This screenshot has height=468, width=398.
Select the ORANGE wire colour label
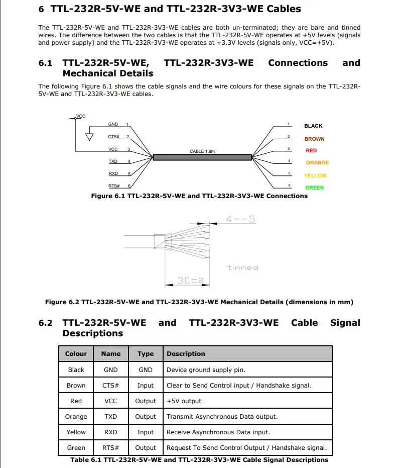317,163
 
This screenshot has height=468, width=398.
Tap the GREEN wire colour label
315,188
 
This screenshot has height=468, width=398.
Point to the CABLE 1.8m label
202,151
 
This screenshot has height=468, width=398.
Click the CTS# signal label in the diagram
114,137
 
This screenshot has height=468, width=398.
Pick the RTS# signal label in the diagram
114,186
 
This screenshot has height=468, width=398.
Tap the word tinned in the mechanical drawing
242,268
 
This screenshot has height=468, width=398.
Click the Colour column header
76,354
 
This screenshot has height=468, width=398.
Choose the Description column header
186,354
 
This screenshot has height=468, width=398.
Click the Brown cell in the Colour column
76,386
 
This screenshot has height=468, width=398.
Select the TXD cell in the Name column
111,417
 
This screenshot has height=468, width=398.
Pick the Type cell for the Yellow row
146,432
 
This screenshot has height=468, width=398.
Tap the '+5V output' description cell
184,401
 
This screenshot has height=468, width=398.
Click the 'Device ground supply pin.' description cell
206,370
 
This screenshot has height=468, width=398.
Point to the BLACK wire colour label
313,126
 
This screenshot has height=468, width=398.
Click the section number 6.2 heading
45,323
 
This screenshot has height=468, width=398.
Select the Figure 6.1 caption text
199,196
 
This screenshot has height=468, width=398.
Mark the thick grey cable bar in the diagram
202,157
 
